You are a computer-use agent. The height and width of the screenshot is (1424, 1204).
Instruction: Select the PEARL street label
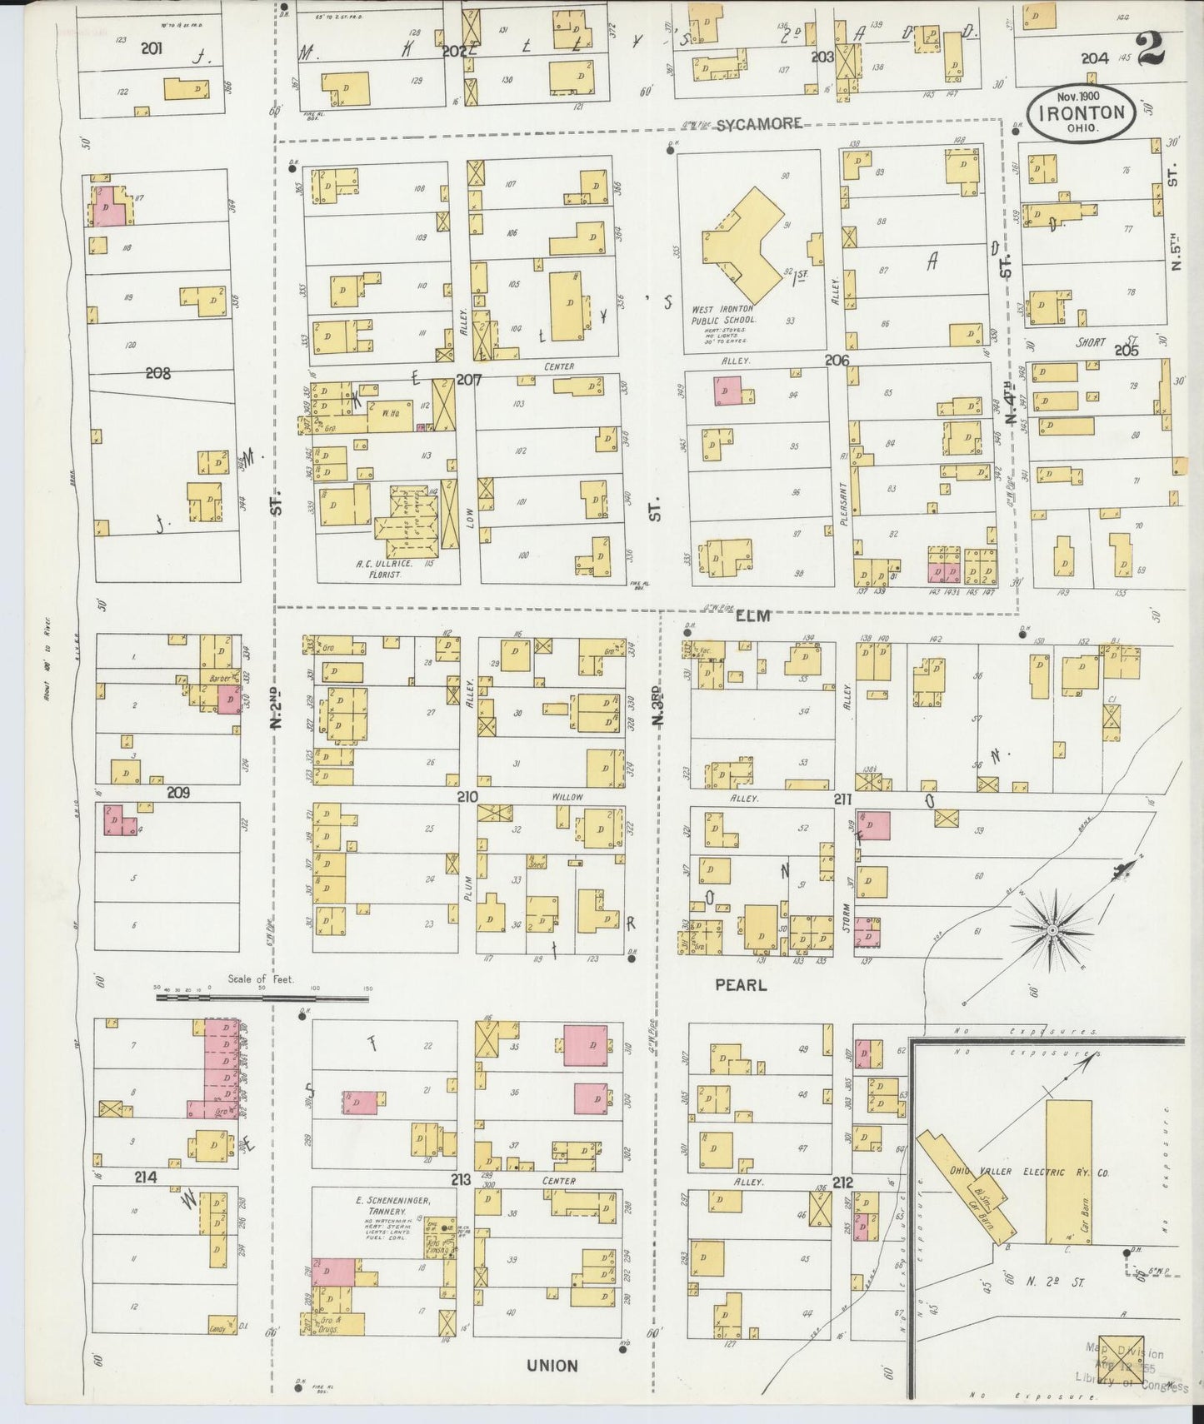(741, 984)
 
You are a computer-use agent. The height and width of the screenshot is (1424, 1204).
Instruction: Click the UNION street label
(552, 1365)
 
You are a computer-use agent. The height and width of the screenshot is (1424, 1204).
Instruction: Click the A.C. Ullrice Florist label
(380, 569)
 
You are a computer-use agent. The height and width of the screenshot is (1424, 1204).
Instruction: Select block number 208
(157, 373)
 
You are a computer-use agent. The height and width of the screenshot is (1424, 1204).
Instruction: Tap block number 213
(461, 1178)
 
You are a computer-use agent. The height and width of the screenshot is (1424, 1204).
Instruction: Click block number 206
(836, 360)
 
